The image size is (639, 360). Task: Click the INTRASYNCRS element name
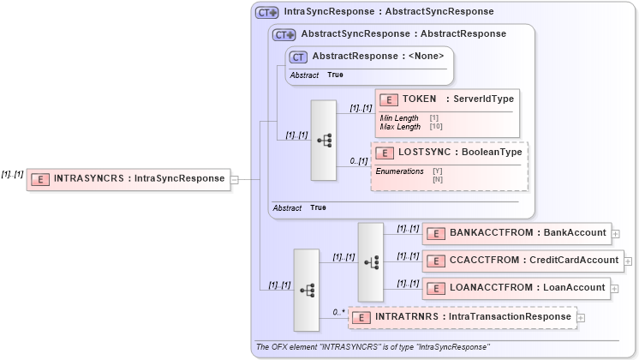pos(89,179)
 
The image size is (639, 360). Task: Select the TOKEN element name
pos(420,99)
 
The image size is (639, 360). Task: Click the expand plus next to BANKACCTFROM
pos(616,233)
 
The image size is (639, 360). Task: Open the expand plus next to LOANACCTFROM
pos(616,288)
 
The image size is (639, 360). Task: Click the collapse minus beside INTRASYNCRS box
pos(235,180)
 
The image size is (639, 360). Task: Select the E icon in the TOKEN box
pos(389,100)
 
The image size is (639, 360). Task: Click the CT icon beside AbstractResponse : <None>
pos(298,57)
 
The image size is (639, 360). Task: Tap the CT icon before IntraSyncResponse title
pos(267,12)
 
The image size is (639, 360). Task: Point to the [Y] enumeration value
pos(437,171)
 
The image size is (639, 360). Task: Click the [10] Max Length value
pos(435,127)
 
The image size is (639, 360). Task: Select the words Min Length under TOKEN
pos(399,118)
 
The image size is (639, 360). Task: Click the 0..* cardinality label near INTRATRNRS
pos(338,312)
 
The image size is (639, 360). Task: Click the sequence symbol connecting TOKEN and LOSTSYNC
pos(324,141)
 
